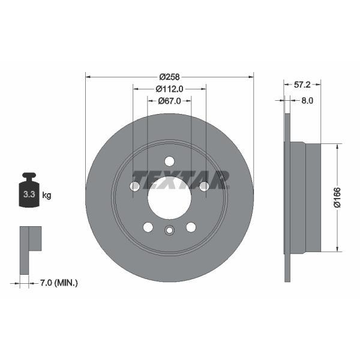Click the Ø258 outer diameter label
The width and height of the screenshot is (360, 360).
pos(170,77)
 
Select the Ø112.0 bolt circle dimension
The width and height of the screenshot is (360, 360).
pos(169,89)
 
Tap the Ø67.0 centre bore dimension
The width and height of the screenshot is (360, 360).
pos(170,101)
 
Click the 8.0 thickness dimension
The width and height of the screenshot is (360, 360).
pos(307,101)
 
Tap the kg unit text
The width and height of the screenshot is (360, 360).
pos(47,194)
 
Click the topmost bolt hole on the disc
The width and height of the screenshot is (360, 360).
pos(169,161)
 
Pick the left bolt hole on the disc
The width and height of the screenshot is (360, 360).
pos(134,187)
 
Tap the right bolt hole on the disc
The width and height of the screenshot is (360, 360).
pos(204,187)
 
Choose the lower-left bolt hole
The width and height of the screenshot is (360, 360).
pos(148,227)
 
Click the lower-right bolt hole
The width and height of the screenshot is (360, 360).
pos(191,227)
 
